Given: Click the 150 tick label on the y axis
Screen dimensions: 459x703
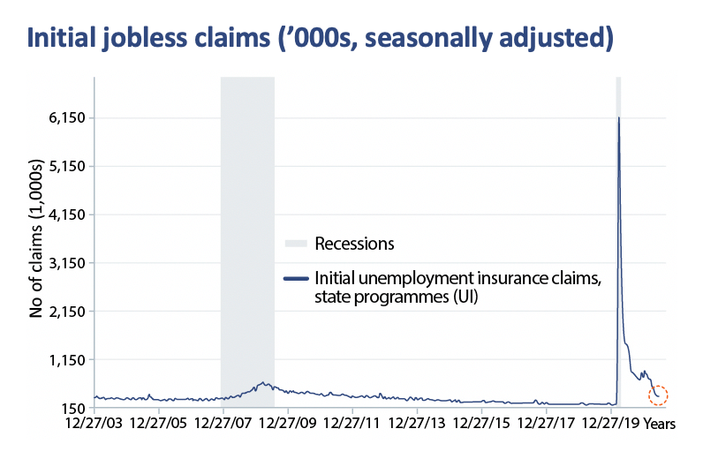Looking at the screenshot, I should point(72,409).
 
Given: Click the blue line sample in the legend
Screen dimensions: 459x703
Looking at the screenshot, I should point(296,279).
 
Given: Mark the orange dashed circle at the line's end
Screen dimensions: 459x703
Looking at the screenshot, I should point(658,395).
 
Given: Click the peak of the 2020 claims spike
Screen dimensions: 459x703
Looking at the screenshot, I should point(618,117).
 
